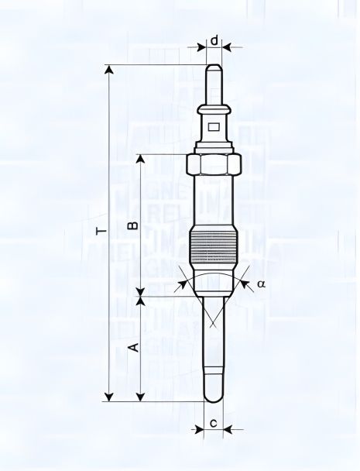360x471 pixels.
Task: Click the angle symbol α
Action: click(261, 284)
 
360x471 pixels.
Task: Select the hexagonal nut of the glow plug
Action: click(214, 164)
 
